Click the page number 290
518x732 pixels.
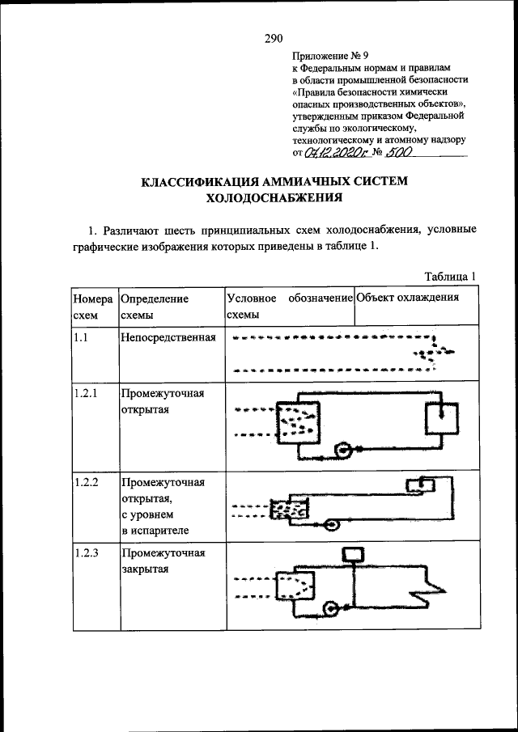click(x=272, y=38)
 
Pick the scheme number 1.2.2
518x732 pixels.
click(x=85, y=482)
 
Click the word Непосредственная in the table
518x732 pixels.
click(x=168, y=336)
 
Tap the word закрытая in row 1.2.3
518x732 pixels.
click(x=144, y=569)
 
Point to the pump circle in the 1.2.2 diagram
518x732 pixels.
click(x=333, y=523)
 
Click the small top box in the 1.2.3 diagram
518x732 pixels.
click(x=355, y=554)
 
